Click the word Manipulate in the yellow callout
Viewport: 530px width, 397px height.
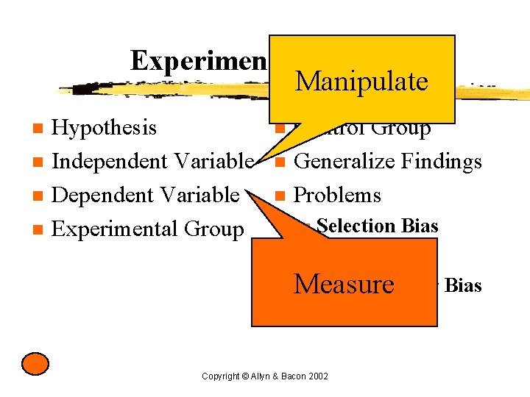tap(361, 82)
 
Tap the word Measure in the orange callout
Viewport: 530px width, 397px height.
tap(344, 283)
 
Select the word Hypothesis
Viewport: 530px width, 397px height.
tap(105, 128)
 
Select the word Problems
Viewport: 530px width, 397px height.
tap(337, 195)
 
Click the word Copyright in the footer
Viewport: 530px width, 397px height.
tap(219, 376)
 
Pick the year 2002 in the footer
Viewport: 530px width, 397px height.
tap(318, 376)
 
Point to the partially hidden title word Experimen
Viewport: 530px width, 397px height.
tap(198, 61)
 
